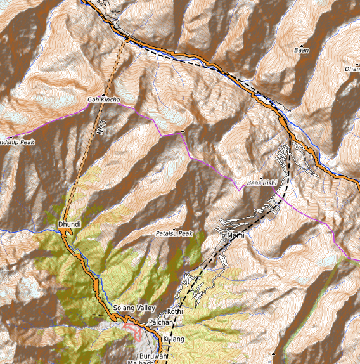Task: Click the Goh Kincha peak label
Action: [x=103, y=100]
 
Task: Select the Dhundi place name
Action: [x=68, y=224]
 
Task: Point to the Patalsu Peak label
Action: [x=174, y=234]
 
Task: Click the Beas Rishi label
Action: [x=262, y=182]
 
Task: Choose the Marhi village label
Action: [x=235, y=236]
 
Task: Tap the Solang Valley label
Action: [x=134, y=308]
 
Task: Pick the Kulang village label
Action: [x=174, y=340]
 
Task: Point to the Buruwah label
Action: [x=153, y=356]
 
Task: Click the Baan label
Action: [x=302, y=49]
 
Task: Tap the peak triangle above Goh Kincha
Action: [x=103, y=93]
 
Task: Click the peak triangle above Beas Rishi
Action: [x=261, y=176]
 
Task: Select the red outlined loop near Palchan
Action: [x=133, y=330]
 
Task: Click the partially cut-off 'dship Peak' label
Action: [x=17, y=142]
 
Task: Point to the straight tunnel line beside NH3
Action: [x=89, y=146]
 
